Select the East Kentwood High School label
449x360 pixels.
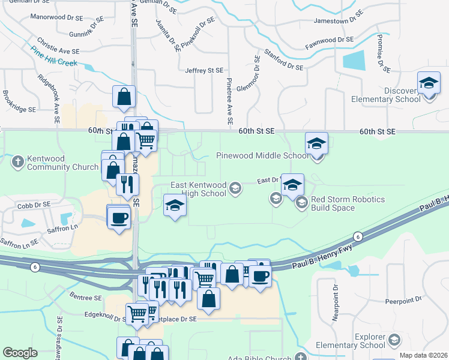click(198, 189)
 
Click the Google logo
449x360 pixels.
click(20, 353)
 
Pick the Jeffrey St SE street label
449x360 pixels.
click(204, 71)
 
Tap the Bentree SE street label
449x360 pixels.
click(85, 298)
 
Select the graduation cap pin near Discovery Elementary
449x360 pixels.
click(429, 83)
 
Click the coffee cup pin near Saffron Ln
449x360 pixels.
click(118, 217)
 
